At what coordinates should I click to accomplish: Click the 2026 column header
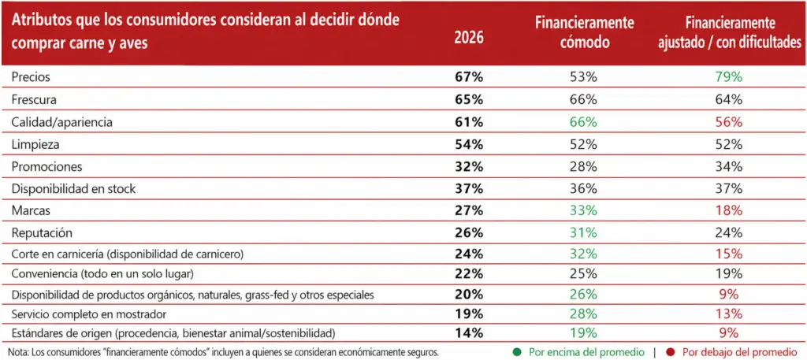click(x=469, y=39)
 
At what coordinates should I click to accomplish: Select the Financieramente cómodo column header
click(x=583, y=32)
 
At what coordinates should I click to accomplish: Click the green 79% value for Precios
click(x=727, y=77)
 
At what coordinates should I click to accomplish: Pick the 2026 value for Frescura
click(x=469, y=100)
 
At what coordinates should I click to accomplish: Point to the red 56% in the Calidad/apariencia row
click(x=727, y=122)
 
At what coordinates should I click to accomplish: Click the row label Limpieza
click(x=35, y=145)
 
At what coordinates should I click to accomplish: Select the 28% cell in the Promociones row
click(x=583, y=167)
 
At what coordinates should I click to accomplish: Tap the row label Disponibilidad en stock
click(x=73, y=189)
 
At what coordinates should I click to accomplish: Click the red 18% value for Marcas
click(x=727, y=210)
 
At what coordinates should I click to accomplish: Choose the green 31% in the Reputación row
click(x=583, y=232)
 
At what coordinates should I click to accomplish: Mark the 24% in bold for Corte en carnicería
click(x=469, y=254)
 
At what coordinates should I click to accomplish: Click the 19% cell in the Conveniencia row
click(x=727, y=273)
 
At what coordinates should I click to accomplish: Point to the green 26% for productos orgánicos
click(x=583, y=295)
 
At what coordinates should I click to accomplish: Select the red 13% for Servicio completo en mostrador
click(x=727, y=314)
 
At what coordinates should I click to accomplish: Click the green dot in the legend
click(x=519, y=352)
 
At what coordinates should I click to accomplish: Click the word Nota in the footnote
click(x=11, y=352)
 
